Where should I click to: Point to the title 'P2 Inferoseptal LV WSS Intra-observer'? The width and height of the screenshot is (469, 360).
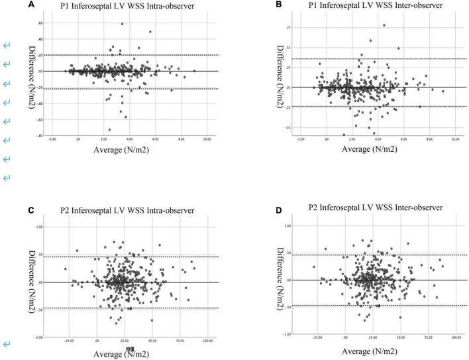(134, 210)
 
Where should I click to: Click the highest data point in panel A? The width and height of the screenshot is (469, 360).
(122, 24)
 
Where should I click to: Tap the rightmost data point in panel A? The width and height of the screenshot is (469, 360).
(194, 70)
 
